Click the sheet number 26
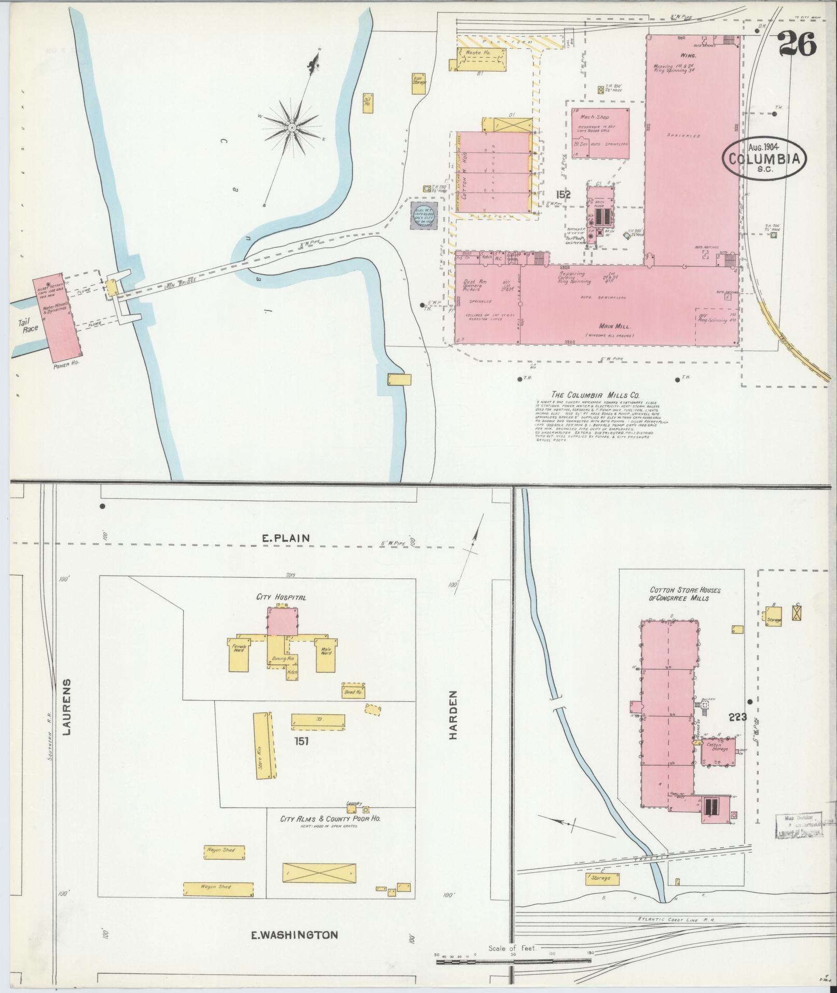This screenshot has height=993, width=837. pyautogui.click(x=797, y=44)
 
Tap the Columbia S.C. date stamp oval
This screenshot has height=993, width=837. pyautogui.click(x=765, y=159)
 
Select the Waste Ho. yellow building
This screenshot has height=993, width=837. pyautogui.click(x=480, y=58)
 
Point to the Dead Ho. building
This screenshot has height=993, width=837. pyautogui.click(x=353, y=692)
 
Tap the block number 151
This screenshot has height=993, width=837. pyautogui.click(x=301, y=741)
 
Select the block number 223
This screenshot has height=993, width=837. pyautogui.click(x=737, y=717)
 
